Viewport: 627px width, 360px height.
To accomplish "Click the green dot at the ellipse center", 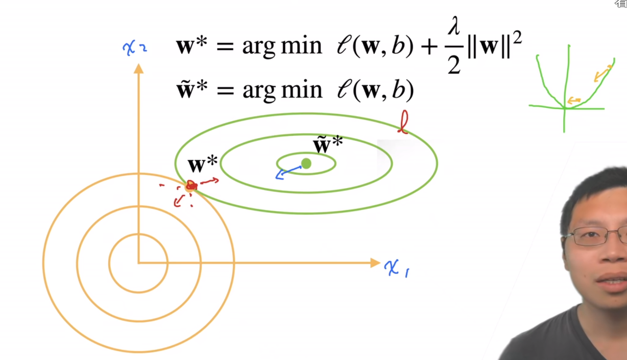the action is [x=306, y=164].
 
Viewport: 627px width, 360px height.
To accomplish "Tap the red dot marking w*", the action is [x=191, y=186].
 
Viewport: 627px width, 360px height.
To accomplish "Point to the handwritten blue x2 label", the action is [x=134, y=48].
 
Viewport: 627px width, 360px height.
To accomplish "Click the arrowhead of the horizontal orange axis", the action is [x=375, y=263].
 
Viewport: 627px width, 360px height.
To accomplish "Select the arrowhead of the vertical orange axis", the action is [x=139, y=69].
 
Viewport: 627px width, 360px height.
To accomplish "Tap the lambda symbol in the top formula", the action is [x=453, y=28].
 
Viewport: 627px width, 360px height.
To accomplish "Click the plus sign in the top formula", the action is [x=429, y=47].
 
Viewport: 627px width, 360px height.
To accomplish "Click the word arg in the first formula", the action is [x=259, y=47].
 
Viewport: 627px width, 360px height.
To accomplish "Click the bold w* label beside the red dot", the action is [x=202, y=164].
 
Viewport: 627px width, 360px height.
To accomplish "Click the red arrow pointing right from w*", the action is [x=210, y=181].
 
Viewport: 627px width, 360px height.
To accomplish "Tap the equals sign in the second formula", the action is [x=225, y=90].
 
